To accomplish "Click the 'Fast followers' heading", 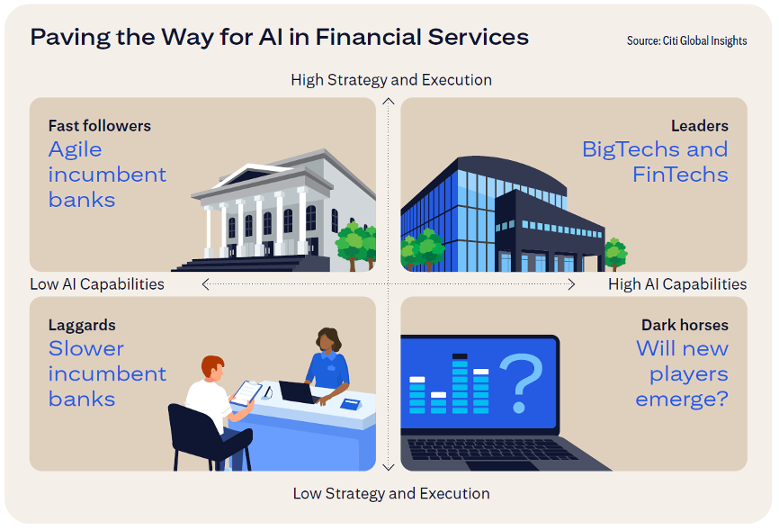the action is click(99, 126).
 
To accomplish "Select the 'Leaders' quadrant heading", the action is click(700, 126).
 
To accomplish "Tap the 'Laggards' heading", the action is click(82, 325).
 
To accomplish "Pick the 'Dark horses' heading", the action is click(685, 325).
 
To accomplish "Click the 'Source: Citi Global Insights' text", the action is click(686, 40).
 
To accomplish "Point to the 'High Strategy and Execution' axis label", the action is click(391, 80).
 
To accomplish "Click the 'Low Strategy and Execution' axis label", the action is click(391, 493).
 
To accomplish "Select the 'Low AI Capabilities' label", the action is click(97, 283).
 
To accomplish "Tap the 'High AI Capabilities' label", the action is click(677, 283).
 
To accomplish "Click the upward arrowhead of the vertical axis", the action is click(389, 101).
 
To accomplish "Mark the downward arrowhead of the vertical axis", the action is click(389, 467).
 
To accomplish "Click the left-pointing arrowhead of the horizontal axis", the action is click(205, 284).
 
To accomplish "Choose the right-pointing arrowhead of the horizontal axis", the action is click(572, 284).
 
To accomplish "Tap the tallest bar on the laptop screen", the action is click(460, 383).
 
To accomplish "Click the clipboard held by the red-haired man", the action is click(246, 393).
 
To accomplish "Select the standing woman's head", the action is click(328, 340).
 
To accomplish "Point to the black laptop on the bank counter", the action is click(298, 392).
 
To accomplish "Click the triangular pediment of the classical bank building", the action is click(254, 174).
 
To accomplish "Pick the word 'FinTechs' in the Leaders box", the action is click(680, 175).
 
